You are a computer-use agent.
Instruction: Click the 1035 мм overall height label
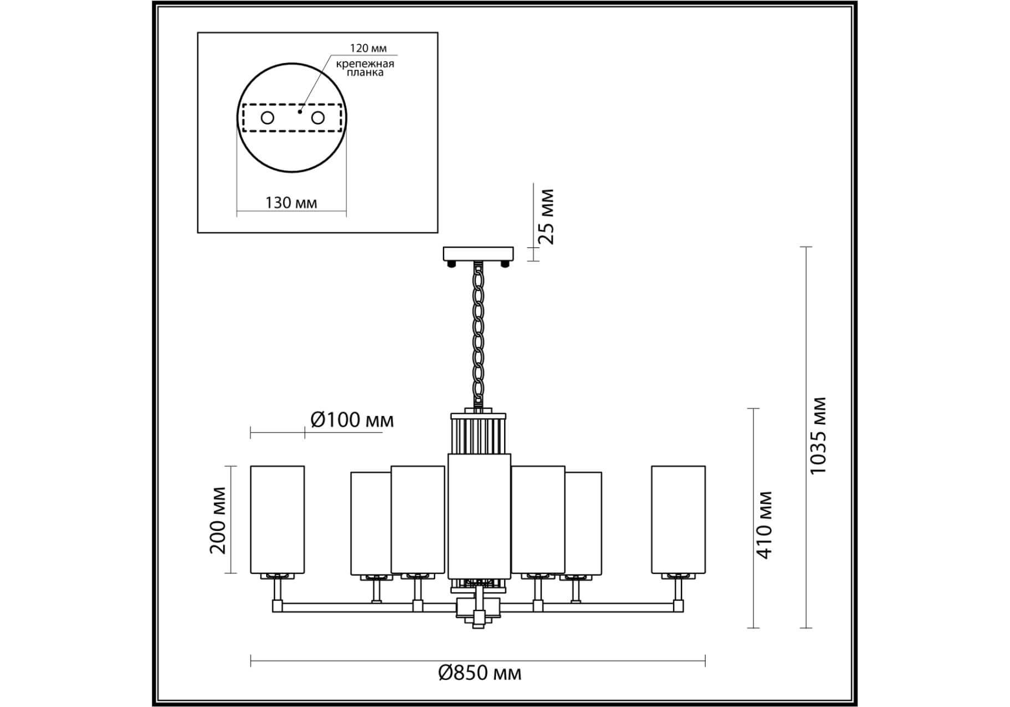point(818,435)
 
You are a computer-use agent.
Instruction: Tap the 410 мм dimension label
point(765,525)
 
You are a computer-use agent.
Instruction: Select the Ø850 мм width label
point(479,673)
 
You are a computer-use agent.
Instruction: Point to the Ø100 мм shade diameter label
point(352,420)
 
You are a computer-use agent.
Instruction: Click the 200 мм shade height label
point(218,520)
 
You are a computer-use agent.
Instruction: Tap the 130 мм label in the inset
point(291,203)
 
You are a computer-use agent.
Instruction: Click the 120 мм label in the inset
point(368,49)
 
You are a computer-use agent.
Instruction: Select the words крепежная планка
point(365,68)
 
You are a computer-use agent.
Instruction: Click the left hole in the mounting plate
point(267,118)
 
